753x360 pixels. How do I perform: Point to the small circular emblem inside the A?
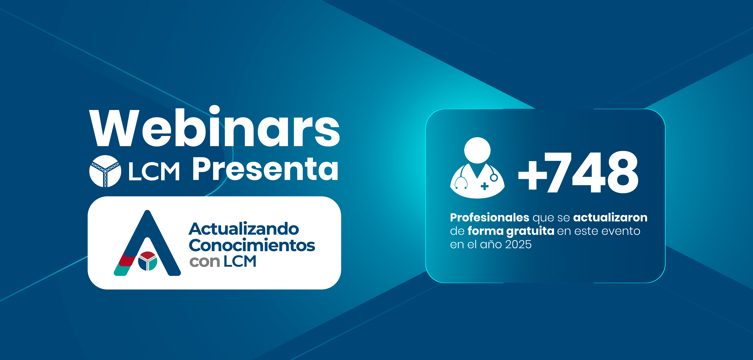click(148, 261)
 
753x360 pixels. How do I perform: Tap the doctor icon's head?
click(477, 150)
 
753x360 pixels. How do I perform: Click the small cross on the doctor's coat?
click(484, 186)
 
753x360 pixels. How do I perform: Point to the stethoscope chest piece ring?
click(494, 177)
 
